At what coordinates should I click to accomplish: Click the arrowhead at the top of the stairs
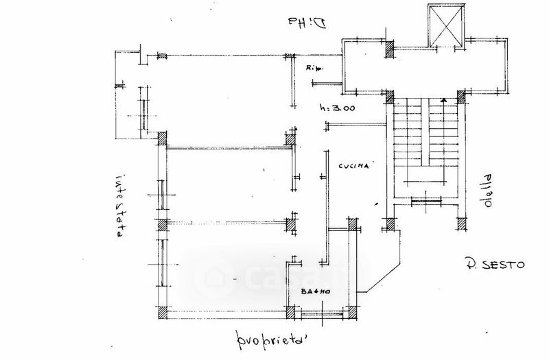click(444, 100)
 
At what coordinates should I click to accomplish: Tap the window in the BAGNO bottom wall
click(322, 314)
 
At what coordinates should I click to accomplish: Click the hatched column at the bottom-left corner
click(161, 313)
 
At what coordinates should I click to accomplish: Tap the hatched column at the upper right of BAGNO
click(353, 224)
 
